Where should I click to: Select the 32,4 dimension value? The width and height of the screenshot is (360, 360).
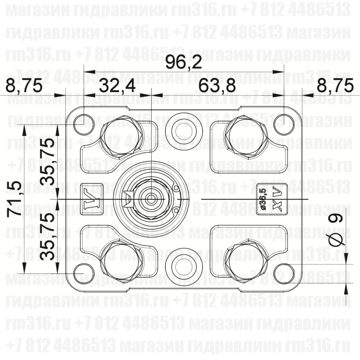[x=117, y=85]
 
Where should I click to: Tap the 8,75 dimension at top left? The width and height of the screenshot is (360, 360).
[x=24, y=85]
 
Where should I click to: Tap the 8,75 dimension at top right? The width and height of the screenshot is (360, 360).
[x=335, y=85]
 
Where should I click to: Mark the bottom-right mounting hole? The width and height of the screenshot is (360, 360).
[x=284, y=273]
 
